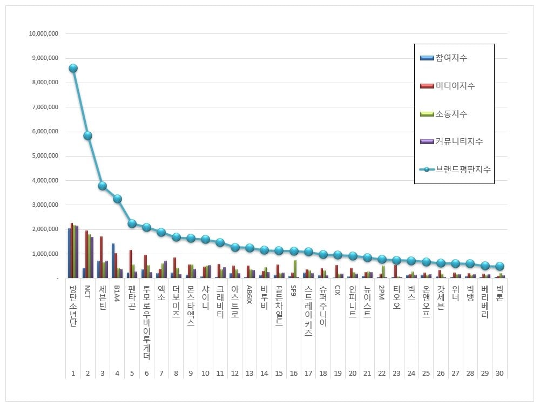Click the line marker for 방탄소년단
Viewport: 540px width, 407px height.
[x=73, y=68]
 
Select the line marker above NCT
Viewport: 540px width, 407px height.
[x=87, y=135]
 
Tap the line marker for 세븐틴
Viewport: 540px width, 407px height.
[x=102, y=186]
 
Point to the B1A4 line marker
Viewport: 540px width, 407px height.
[x=117, y=199]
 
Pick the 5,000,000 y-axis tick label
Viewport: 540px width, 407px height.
[x=45, y=156]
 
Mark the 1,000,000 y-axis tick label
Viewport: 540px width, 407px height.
[x=45, y=254]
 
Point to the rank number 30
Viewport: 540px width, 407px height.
[x=499, y=373]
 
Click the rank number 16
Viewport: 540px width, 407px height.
[x=293, y=373]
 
